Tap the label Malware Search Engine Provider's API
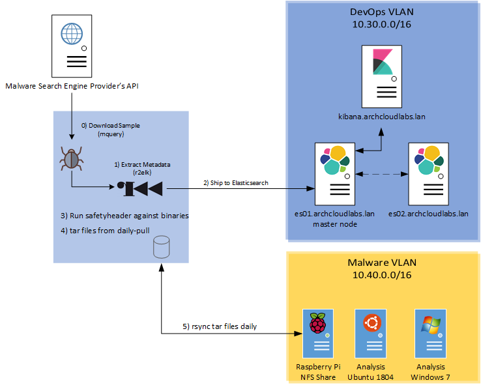click(72, 85)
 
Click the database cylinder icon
click(161, 248)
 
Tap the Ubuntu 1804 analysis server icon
click(372, 332)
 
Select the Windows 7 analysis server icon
click(431, 332)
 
